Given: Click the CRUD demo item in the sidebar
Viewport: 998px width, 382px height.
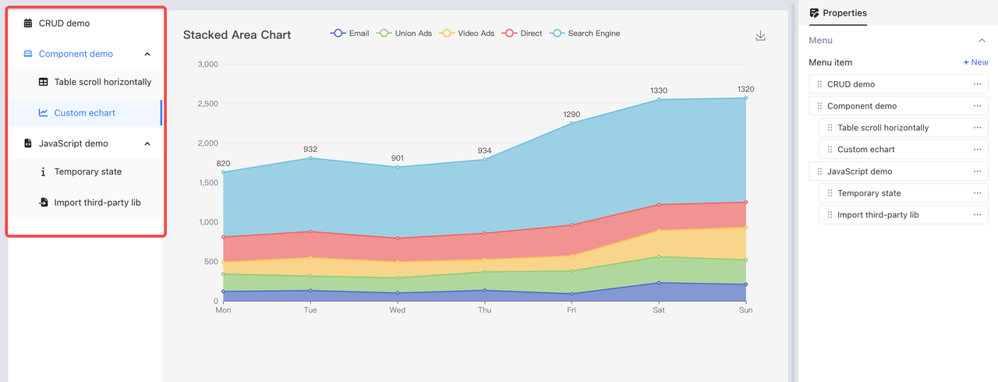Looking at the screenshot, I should pos(64,23).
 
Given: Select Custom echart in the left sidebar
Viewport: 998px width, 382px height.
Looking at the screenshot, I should pos(84,113).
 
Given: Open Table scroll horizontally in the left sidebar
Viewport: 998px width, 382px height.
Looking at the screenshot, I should pos(102,82).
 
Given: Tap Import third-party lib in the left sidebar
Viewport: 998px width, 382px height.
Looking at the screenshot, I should pos(97,203).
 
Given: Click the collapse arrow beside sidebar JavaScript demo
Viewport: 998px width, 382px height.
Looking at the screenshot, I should pos(147,143).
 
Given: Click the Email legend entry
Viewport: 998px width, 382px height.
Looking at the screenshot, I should pos(350,34).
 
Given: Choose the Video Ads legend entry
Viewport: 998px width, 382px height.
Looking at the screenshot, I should pos(467,34).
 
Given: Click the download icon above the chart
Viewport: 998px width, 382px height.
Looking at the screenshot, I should pos(760,36).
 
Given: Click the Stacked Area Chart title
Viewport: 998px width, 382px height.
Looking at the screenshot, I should pos(237,35).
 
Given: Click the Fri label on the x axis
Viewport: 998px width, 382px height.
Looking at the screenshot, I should pos(572,310).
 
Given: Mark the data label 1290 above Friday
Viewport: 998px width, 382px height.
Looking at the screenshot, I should pos(572,115).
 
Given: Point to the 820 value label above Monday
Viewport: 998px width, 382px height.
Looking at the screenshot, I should pos(223,164).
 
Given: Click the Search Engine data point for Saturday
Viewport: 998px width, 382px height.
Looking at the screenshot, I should pos(659,100).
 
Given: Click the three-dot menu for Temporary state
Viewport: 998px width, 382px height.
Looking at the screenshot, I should pos(977,193).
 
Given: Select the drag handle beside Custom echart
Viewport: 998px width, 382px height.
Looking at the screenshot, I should pos(830,150).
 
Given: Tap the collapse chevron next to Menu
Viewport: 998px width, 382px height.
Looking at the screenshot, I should pos(982,41).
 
